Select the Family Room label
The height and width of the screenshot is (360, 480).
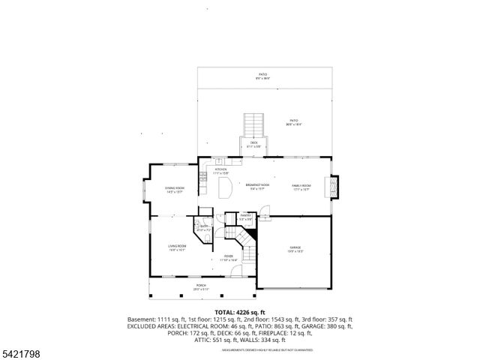click(x=301, y=187)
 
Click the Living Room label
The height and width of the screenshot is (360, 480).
click(x=177, y=248)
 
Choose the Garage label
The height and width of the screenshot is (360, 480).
click(x=295, y=249)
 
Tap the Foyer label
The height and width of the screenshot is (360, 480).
click(x=229, y=257)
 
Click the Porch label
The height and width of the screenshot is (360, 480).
click(x=201, y=286)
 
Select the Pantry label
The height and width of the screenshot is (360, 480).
click(x=245, y=217)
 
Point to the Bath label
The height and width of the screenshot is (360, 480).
click(x=203, y=227)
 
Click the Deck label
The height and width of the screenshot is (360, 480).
click(x=254, y=144)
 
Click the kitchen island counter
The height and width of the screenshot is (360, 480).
click(x=224, y=190)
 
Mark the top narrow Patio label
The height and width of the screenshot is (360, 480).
click(x=263, y=76)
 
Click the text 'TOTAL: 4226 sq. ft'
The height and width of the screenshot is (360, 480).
click(x=240, y=312)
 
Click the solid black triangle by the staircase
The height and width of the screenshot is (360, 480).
click(x=253, y=235)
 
